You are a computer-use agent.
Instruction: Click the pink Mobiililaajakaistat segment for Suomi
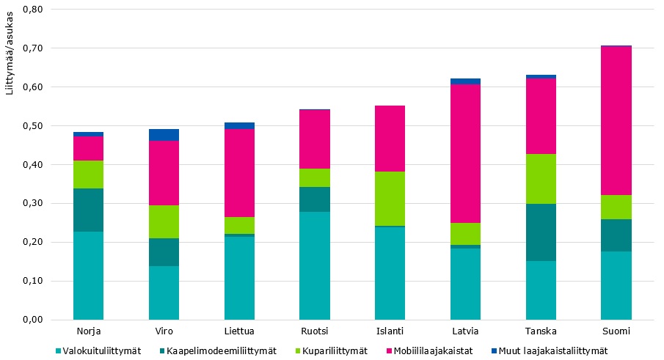[616, 120]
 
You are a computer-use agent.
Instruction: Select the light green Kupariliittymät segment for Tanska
[541, 179]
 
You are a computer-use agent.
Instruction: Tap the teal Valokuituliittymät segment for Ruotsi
[315, 265]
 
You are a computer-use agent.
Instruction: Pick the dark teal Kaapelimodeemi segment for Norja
[88, 210]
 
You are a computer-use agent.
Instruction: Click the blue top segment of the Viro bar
[164, 135]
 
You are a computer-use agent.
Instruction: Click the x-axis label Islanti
[390, 331]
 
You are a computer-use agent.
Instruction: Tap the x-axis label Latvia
[465, 331]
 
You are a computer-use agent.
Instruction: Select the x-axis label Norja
[88, 331]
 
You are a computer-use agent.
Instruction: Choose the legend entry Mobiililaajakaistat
[427, 350]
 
